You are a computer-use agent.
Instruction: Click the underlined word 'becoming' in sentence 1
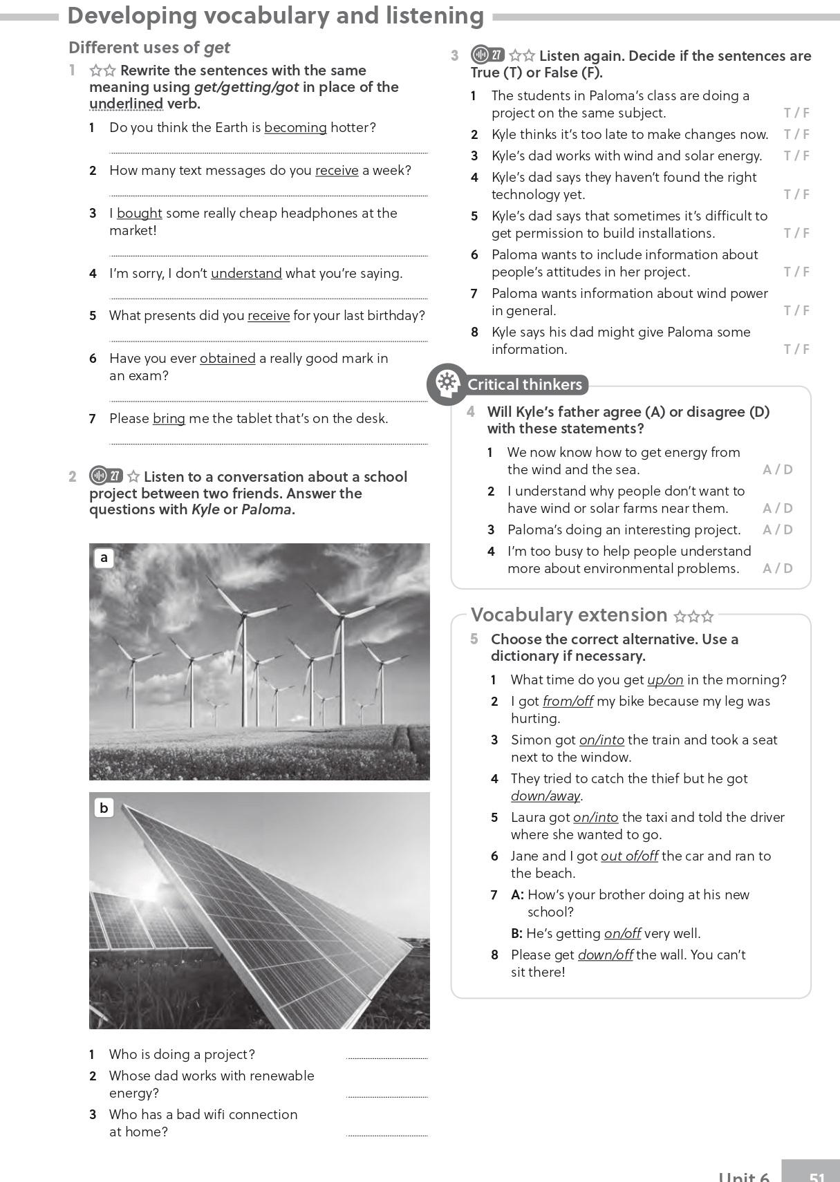[295, 128]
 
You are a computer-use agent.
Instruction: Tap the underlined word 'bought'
[139, 214]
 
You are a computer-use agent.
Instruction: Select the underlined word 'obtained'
[227, 359]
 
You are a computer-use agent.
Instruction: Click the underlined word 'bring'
[169, 419]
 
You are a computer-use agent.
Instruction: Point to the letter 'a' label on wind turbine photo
[104, 557]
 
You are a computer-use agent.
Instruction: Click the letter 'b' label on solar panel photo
[104, 807]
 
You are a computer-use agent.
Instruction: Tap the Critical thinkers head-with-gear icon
[447, 384]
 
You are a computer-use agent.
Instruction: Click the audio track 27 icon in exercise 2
[106, 476]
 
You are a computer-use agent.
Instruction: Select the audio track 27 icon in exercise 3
[487, 55]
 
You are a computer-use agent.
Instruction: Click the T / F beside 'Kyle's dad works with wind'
[796, 156]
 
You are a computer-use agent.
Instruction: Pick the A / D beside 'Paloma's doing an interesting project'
[777, 530]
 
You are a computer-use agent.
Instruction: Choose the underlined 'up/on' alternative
[665, 680]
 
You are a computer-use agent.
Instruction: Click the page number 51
[816, 1175]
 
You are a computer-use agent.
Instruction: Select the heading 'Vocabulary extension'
[568, 615]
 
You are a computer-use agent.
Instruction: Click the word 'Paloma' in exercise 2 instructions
[266, 510]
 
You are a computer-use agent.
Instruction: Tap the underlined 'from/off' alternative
[568, 702]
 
